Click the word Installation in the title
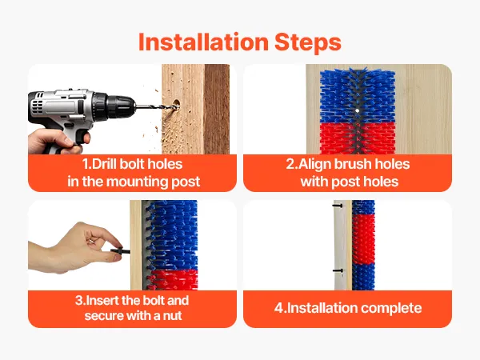coord(203,42)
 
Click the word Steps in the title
coord(308,43)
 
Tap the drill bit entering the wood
coord(157,107)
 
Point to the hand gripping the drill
coord(58,141)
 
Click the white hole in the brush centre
coord(358,110)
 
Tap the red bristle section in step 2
coord(358,138)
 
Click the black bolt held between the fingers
coord(120,251)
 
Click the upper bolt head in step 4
coord(338,206)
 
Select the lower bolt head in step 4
coord(338,270)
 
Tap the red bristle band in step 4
coord(363,238)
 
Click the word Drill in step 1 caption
coord(103,164)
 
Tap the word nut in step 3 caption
coord(173,316)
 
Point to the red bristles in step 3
coord(174,279)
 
